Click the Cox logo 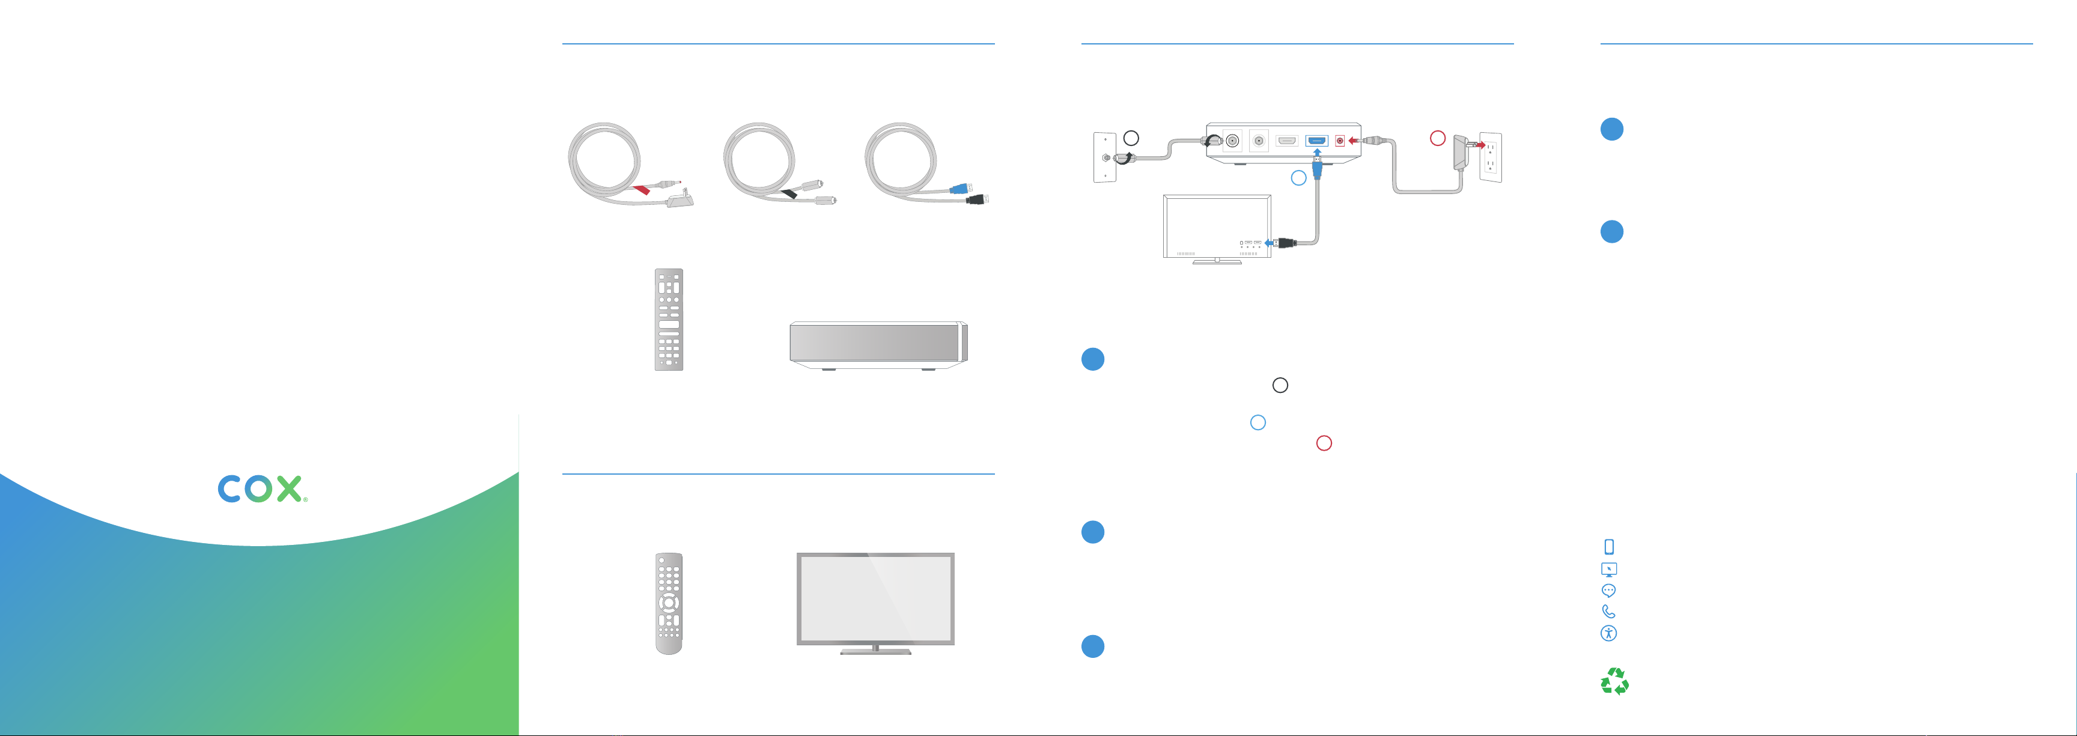(261, 488)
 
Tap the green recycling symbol (1614, 681)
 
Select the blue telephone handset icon (1608, 612)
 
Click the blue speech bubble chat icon (1608, 590)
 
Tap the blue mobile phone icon (1608, 547)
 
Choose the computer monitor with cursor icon (1608, 569)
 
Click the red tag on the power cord (642, 190)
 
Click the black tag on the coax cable (790, 193)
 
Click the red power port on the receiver (1340, 141)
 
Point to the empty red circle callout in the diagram (1437, 138)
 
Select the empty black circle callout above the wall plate (1131, 138)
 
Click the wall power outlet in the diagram (1490, 157)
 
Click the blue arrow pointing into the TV (1268, 242)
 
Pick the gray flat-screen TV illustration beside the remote (875, 601)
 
